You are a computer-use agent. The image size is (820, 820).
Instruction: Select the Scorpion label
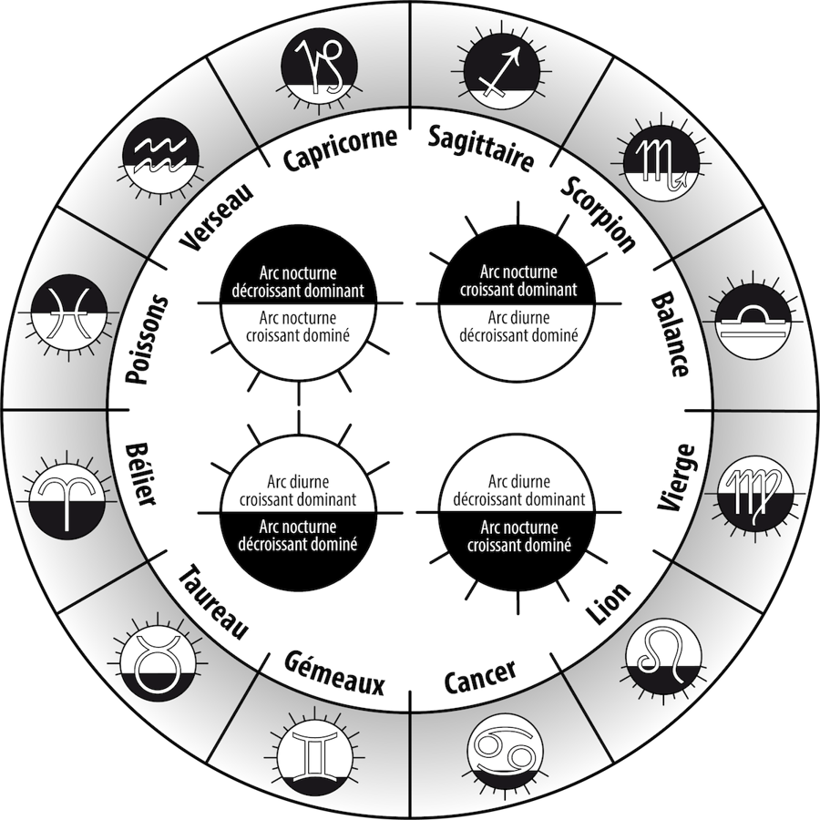[598, 211]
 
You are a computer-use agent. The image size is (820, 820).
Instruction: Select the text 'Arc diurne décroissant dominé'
[518, 326]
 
